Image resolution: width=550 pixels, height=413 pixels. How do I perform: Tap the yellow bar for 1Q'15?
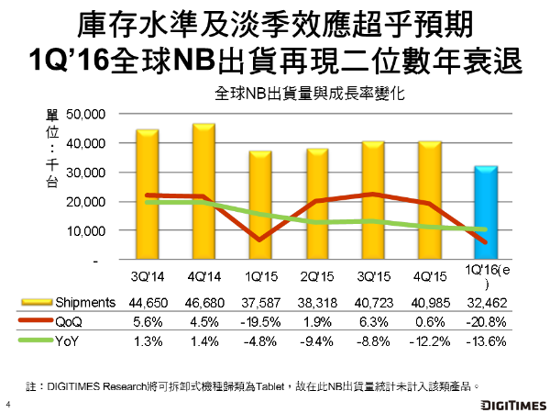(x=259, y=206)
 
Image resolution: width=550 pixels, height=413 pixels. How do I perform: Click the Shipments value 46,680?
(x=203, y=302)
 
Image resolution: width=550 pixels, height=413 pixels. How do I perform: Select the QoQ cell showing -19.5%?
(x=259, y=321)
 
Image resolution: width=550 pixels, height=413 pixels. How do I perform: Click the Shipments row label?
(x=83, y=302)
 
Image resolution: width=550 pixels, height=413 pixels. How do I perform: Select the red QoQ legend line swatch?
(x=37, y=321)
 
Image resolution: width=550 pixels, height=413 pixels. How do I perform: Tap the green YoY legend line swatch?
(x=37, y=341)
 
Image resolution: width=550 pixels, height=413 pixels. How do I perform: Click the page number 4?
(x=8, y=404)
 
